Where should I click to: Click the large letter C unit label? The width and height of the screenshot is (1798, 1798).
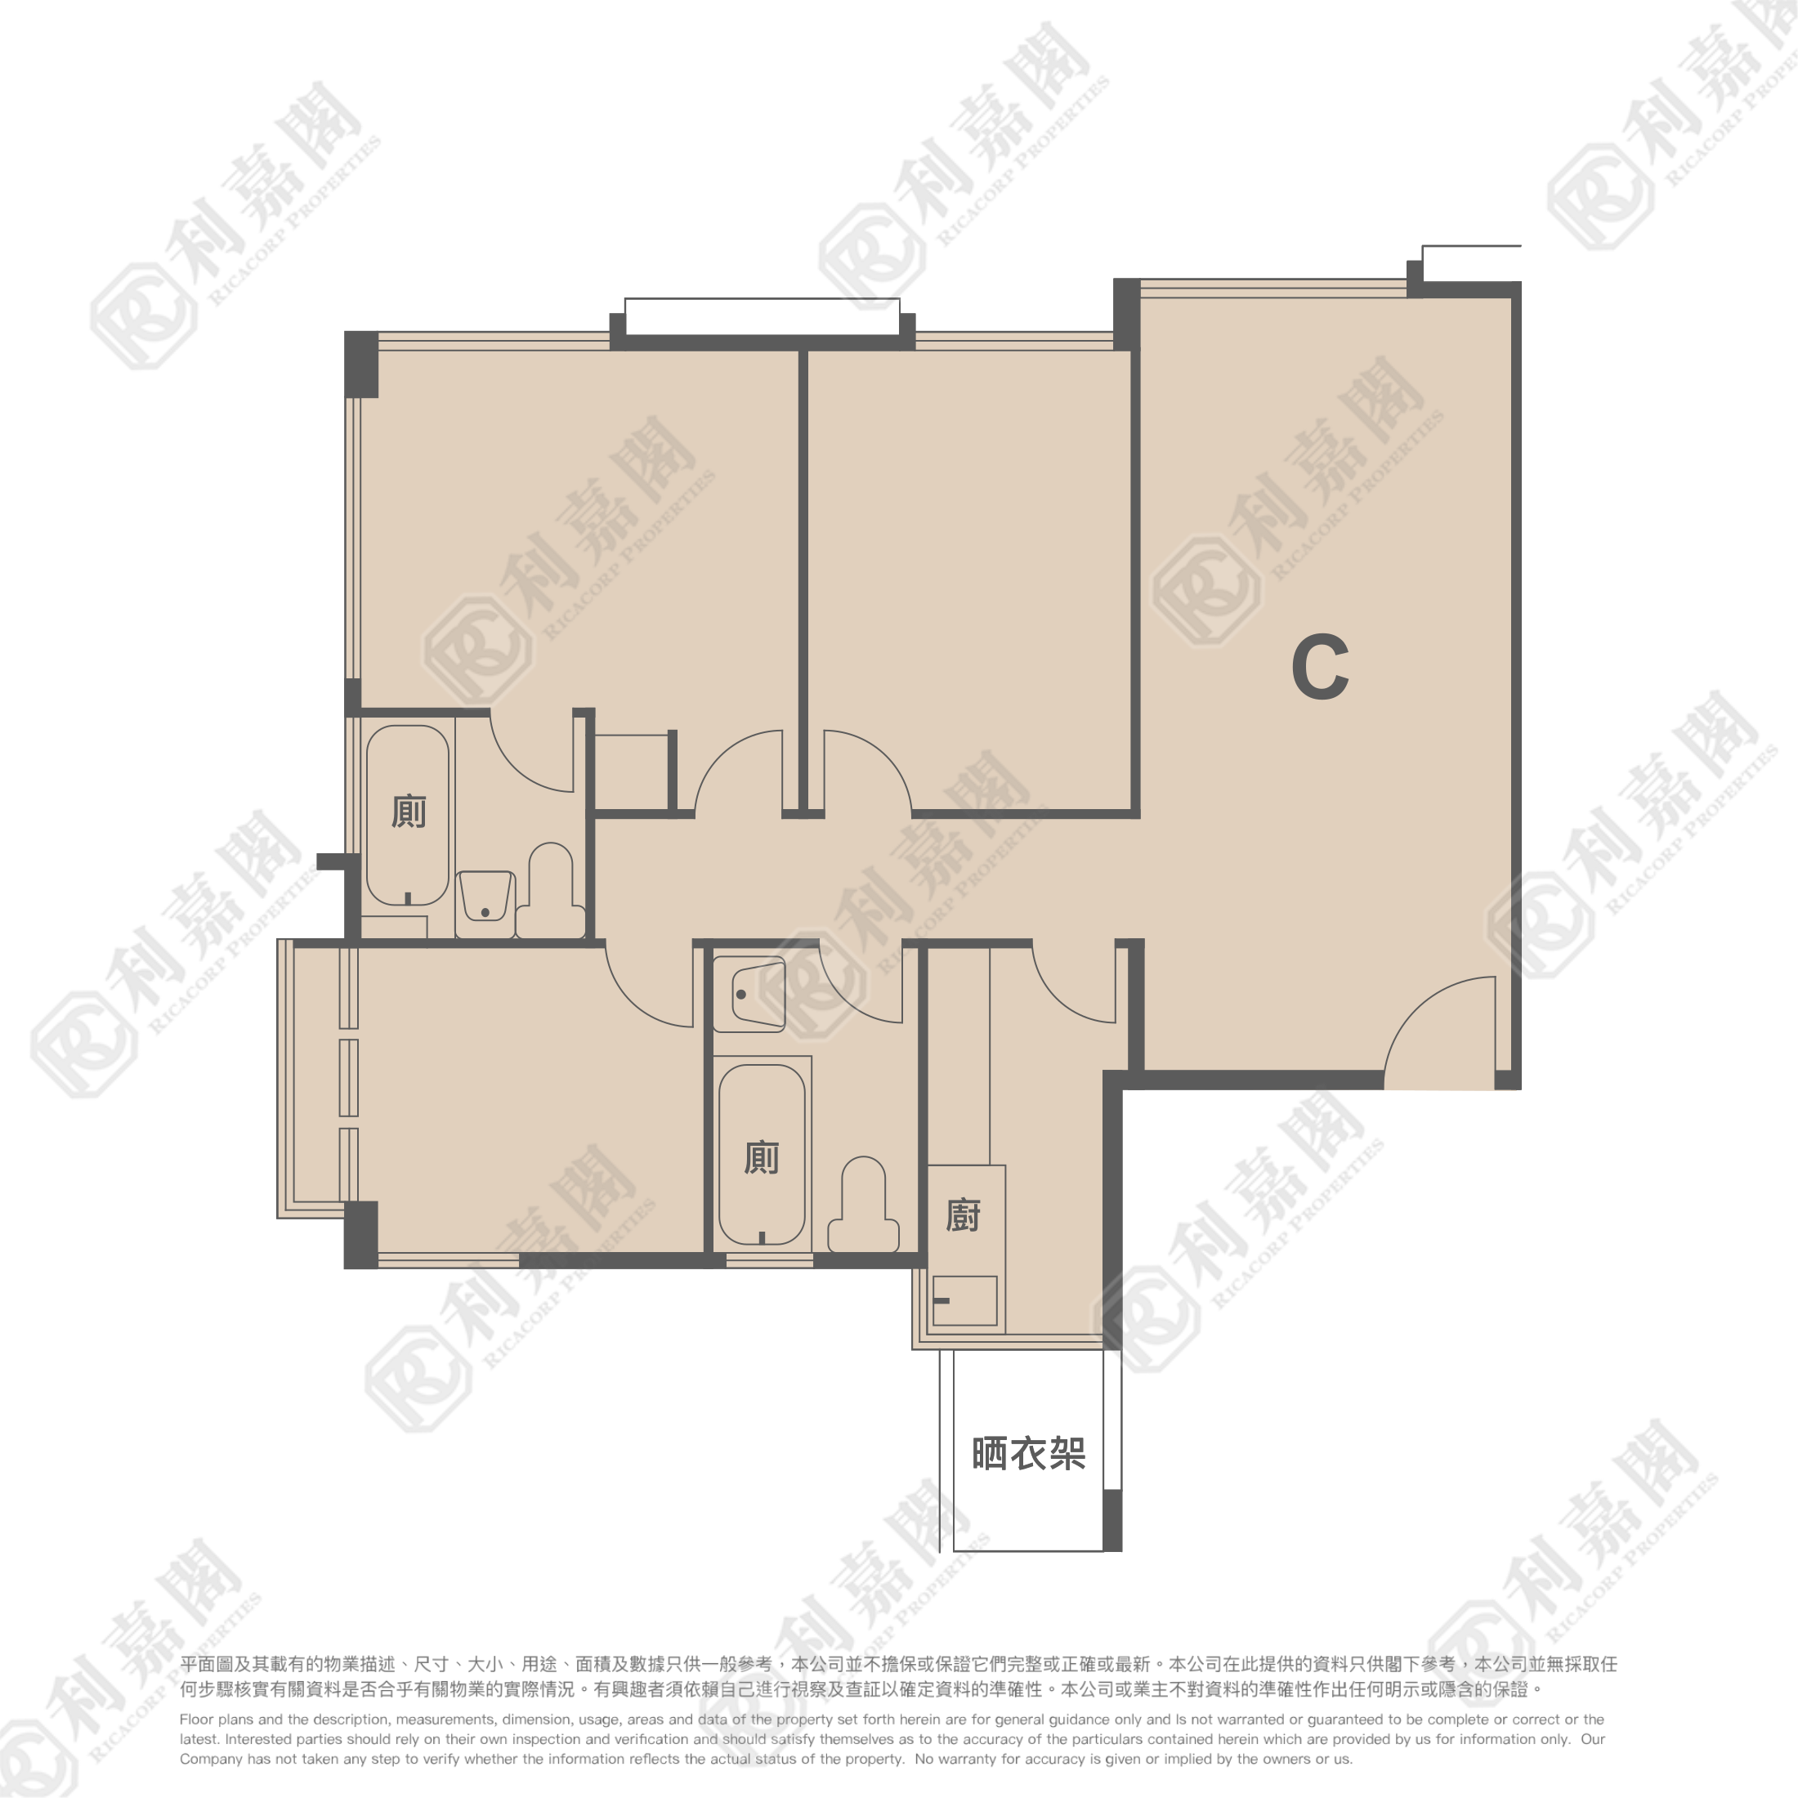click(x=1321, y=666)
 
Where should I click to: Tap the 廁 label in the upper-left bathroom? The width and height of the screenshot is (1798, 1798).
click(x=409, y=812)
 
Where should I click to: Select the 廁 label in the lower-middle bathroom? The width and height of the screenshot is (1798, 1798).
click(x=761, y=1158)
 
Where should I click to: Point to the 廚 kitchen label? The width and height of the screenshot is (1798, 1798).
click(x=964, y=1215)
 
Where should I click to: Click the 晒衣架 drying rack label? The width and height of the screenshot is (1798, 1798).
click(x=1028, y=1454)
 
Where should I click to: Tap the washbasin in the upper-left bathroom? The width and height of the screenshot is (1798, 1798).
click(x=485, y=897)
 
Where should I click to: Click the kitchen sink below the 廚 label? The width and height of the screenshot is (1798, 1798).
click(x=965, y=1300)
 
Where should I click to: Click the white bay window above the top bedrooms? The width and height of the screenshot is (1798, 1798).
click(x=763, y=316)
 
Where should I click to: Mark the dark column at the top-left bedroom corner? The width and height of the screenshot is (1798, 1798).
click(x=361, y=364)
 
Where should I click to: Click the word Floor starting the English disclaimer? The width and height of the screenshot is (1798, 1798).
click(x=196, y=1720)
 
